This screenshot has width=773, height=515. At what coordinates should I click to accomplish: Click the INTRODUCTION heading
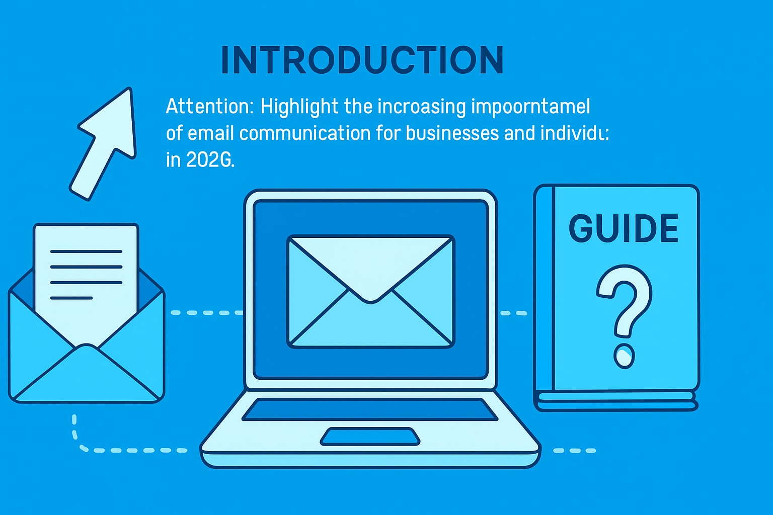tap(362, 60)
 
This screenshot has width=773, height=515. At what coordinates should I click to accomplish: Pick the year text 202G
tap(210, 160)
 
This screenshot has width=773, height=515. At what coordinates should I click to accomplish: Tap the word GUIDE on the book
tap(624, 229)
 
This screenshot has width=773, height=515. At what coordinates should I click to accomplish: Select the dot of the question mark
tap(624, 356)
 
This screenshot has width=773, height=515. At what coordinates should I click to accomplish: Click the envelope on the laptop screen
tap(370, 292)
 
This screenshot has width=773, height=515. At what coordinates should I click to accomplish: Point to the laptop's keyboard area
tap(370, 409)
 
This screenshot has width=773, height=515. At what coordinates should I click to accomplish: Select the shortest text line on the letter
tap(71, 298)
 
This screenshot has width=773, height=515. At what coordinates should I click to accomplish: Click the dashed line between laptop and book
tap(513, 313)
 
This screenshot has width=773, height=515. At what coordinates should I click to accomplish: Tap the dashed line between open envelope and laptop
tap(206, 313)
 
